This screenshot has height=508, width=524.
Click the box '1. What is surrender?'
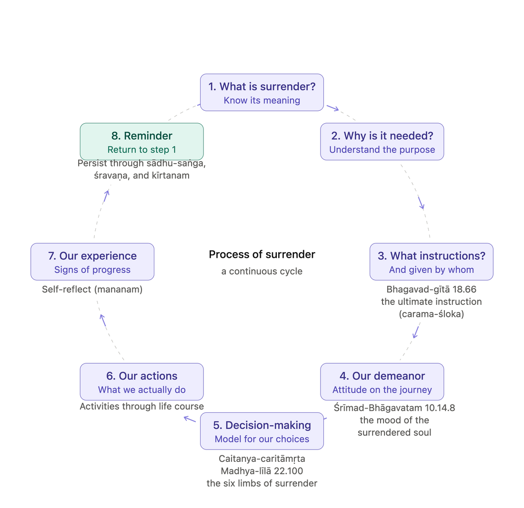(262, 92)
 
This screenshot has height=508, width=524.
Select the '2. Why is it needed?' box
(382, 142)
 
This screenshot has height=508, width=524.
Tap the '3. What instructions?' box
(432, 262)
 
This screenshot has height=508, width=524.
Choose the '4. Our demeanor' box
(382, 382)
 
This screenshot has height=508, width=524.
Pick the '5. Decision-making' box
(262, 431)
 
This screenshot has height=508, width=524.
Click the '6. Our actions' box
(141, 382)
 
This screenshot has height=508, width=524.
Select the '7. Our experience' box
(92, 262)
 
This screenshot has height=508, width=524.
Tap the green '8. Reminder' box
(141, 142)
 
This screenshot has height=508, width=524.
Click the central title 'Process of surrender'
(262, 254)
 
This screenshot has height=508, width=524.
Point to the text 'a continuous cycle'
(262, 271)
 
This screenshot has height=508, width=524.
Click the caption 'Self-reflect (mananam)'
(92, 289)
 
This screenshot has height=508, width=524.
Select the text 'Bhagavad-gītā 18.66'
(432, 289)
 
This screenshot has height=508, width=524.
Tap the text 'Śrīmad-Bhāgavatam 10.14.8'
(394, 408)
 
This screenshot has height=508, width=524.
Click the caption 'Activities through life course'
(141, 407)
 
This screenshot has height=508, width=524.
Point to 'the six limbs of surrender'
(262, 483)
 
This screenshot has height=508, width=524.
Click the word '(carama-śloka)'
(432, 314)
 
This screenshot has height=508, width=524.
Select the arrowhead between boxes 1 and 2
(333, 108)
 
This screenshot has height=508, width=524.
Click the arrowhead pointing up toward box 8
(107, 196)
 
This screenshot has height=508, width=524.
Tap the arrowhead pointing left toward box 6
(190, 419)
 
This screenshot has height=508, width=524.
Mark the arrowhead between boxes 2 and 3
(421, 203)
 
